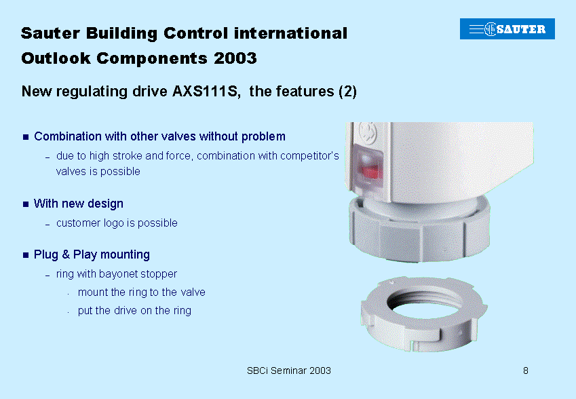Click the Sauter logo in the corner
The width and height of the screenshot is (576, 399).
coord(507,28)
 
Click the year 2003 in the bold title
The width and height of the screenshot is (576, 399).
coord(235,58)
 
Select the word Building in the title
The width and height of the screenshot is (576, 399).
coord(121,33)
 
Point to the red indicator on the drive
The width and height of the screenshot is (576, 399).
coord(369,171)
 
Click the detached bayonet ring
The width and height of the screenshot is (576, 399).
coord(423,314)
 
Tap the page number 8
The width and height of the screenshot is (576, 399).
coord(526,370)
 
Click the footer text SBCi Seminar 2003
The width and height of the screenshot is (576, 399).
coord(289,370)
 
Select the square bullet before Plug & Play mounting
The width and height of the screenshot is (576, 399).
coord(26,255)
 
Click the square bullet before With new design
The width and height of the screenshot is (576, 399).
coord(26,204)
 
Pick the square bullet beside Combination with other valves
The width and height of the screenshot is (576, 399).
coord(26,137)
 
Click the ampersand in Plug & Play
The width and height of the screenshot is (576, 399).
coord(66,254)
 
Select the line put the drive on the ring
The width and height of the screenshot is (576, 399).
coord(134,311)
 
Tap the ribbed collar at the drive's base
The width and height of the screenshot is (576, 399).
coord(419,230)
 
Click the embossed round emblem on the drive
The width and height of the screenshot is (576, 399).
coord(368,134)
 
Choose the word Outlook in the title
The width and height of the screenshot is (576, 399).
coord(56,58)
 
